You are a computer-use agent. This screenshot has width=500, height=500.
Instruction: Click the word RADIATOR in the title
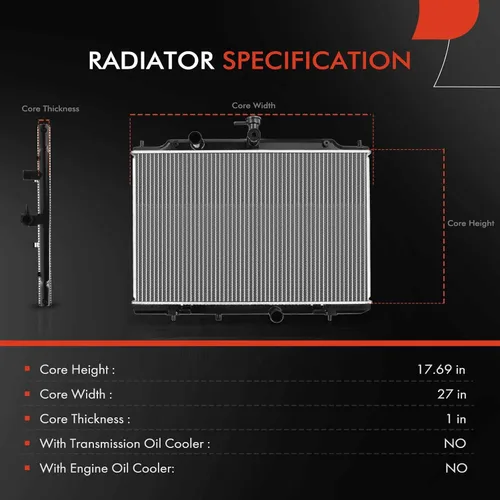coord(151,60)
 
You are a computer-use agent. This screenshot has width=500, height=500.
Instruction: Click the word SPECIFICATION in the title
coord(317,60)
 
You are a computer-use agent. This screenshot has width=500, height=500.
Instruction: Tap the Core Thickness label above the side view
coord(50,109)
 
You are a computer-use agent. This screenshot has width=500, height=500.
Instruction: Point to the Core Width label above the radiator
coord(254,105)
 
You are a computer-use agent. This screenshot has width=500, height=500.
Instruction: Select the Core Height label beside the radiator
coord(471,223)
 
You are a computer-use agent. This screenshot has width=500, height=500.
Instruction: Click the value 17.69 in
coord(441,369)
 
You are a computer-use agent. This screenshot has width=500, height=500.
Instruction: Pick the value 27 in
coord(452,394)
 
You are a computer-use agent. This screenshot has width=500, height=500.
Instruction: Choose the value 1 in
coord(456,419)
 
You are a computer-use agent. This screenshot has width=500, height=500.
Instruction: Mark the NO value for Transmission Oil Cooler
coord(455,443)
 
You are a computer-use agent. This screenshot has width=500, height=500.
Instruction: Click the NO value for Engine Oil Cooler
coord(456,468)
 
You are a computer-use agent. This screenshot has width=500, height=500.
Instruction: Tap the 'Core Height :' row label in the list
coord(77,370)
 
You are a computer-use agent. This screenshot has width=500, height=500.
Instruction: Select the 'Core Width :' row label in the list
coord(76,394)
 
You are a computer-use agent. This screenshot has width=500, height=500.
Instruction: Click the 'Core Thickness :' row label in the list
coord(85,419)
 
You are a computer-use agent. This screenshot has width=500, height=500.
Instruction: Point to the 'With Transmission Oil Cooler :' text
coord(125,444)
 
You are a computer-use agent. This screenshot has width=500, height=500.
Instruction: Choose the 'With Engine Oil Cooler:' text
coord(107,468)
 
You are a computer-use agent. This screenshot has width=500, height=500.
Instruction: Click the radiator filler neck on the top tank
coord(252,129)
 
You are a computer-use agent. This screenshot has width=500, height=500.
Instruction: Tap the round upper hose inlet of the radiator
coord(195,139)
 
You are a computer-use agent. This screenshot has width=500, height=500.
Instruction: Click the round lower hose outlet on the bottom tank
coord(276,314)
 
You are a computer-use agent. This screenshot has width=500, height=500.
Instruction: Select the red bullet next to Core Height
coord(27,369)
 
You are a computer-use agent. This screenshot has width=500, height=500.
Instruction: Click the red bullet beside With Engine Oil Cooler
coord(27,468)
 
